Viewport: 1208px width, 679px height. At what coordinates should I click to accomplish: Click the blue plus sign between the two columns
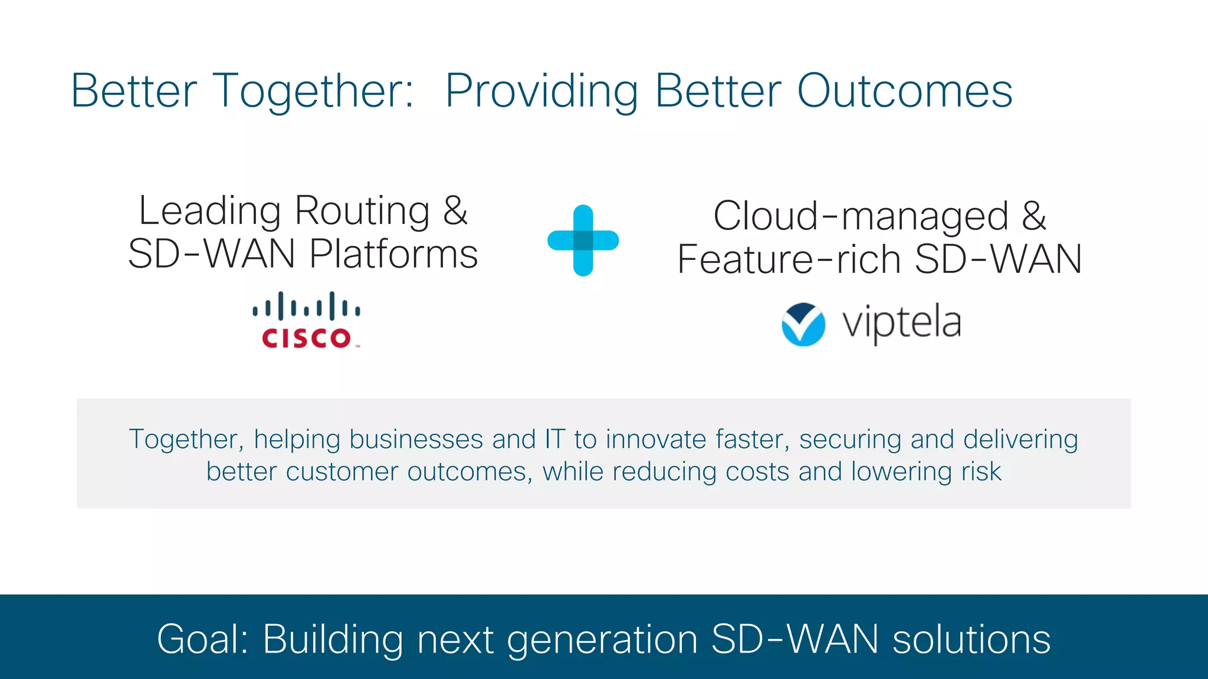[583, 240]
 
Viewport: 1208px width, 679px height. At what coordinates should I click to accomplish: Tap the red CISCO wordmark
[307, 338]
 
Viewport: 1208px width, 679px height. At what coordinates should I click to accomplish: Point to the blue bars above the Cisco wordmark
[306, 306]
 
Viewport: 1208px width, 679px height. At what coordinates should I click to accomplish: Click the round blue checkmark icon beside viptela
[803, 324]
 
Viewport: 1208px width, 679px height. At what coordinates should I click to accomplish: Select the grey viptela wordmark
[901, 322]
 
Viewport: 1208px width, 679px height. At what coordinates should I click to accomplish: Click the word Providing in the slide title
[541, 92]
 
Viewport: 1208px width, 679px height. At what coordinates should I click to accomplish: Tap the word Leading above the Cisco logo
[210, 210]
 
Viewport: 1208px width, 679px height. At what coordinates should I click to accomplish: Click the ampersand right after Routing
[455, 210]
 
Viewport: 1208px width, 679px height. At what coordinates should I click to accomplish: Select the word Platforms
[393, 254]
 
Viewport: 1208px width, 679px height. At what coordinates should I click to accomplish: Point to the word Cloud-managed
[861, 216]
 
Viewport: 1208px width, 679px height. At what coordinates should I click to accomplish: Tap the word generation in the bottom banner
[602, 640]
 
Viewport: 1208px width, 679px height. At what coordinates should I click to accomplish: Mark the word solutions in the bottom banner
[971, 639]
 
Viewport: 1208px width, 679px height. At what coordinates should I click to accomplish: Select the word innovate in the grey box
[655, 440]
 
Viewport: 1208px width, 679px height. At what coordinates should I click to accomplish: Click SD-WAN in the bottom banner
[795, 639]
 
